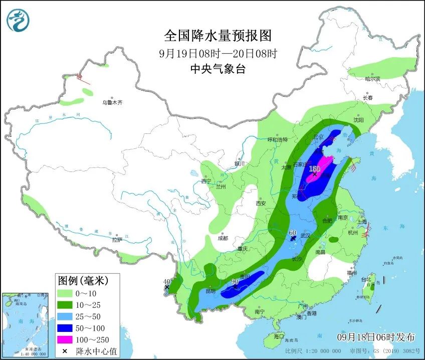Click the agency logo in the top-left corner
click(x=18, y=20)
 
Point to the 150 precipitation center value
click(x=314, y=169)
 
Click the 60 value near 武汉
click(x=293, y=233)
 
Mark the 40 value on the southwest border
click(x=167, y=282)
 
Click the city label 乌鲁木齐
click(x=112, y=102)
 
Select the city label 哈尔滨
click(x=372, y=79)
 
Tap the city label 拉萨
click(x=116, y=240)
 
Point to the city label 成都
click(x=223, y=238)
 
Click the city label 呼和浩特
click(x=277, y=140)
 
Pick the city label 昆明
click(x=210, y=291)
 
